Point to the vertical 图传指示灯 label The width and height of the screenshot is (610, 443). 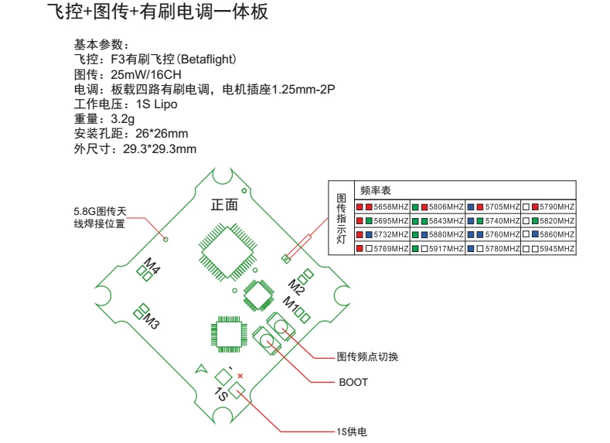tap(341, 220)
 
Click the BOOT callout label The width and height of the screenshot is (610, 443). tap(353, 382)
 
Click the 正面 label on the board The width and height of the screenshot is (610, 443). tap(224, 205)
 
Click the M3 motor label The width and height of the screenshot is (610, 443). tap(151, 321)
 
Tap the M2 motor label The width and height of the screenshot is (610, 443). tap(297, 285)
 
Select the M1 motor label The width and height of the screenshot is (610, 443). tap(290, 304)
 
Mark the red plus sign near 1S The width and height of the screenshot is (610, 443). tap(240, 375)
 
